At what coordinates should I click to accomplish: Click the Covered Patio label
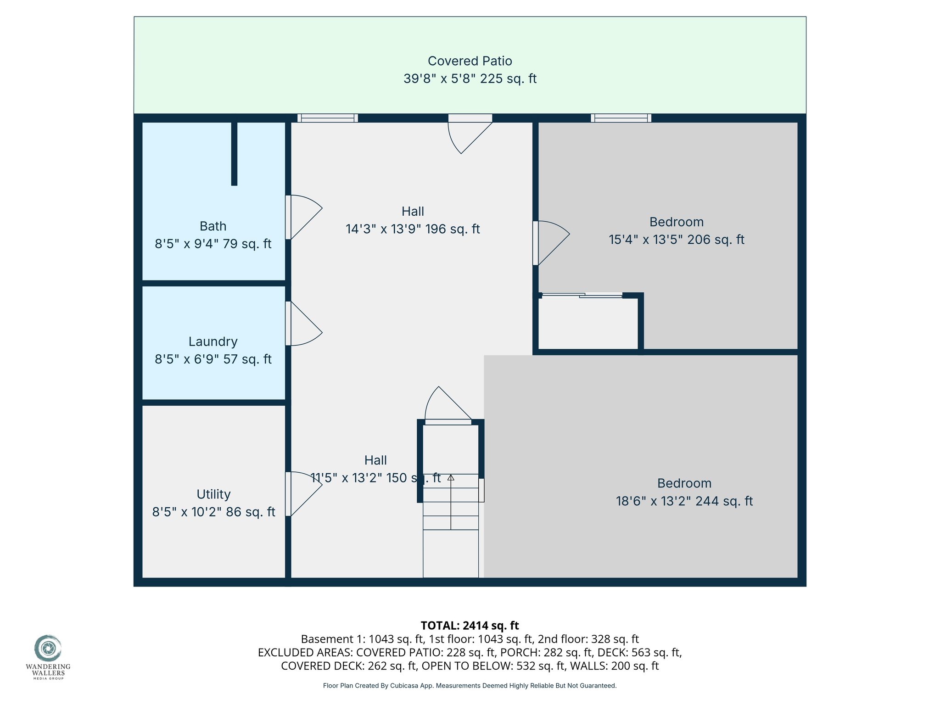(470, 61)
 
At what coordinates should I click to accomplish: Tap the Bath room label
(213, 226)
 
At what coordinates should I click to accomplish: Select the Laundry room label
(213, 341)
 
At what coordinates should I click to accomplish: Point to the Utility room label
(213, 494)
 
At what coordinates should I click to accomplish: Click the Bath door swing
(303, 216)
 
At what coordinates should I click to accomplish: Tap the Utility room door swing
(303, 493)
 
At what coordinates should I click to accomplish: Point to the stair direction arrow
(451, 478)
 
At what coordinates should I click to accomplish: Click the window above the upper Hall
(327, 118)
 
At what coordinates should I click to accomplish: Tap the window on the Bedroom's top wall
(621, 118)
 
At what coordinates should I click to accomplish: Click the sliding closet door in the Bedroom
(582, 296)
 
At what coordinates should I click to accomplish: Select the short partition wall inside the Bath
(234, 154)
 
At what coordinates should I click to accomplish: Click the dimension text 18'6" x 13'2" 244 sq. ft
(684, 501)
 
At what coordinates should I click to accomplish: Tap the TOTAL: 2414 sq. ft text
(470, 626)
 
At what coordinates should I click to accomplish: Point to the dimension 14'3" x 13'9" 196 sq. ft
(413, 229)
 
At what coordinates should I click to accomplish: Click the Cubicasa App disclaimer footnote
(470, 686)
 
